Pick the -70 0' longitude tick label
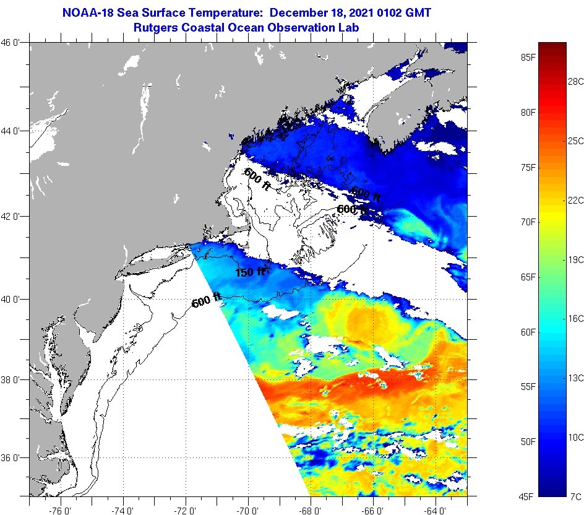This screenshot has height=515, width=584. [248, 510]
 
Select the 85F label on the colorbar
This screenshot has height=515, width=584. [528, 58]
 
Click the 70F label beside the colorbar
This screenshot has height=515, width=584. [528, 222]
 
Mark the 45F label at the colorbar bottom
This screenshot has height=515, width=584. [528, 496]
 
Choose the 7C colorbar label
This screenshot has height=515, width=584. [575, 496]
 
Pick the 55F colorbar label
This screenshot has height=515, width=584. [528, 387]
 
